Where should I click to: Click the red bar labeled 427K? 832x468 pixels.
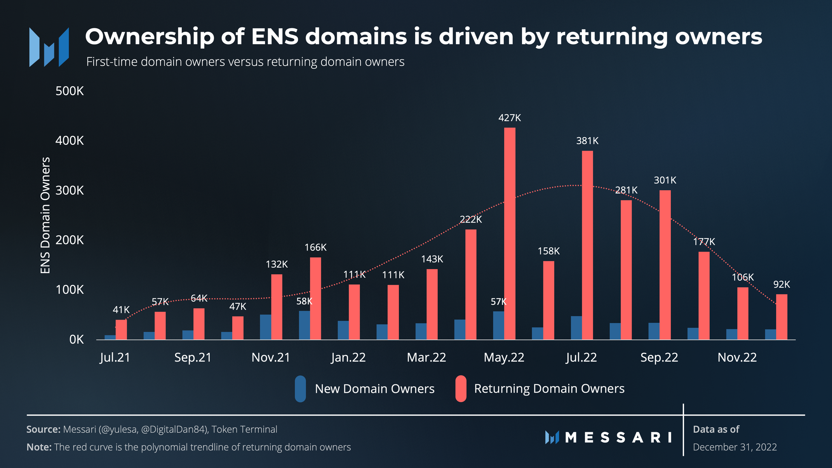tap(510, 233)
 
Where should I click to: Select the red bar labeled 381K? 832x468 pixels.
tap(587, 245)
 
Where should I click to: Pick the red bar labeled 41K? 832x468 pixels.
tap(121, 330)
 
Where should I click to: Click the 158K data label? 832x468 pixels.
tap(548, 251)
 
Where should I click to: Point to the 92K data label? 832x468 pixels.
tap(782, 285)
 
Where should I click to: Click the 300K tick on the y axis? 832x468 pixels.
tap(70, 190)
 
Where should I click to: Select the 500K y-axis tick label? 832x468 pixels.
tap(70, 91)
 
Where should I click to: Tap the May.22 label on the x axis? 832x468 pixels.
tap(504, 357)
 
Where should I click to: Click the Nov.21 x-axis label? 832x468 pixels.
tap(271, 357)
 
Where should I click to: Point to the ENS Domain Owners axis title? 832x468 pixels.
tap(45, 215)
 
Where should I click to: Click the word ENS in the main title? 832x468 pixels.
tap(275, 37)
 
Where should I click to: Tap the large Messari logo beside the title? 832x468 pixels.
tap(49, 47)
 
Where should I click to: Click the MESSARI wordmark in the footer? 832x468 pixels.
tap(618, 438)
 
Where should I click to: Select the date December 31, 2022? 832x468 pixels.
tap(735, 447)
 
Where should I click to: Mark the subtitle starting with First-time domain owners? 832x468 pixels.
tap(245, 62)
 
